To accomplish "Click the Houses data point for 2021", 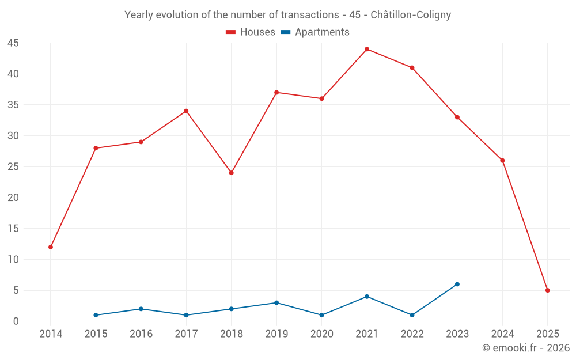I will click(367, 49).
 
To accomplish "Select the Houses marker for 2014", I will click(51, 247).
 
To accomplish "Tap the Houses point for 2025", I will click(548, 290).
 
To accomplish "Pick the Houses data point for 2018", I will click(232, 173).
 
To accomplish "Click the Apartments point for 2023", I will click(457, 284).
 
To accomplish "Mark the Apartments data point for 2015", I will click(96, 315).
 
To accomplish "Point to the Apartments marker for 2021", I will click(367, 297).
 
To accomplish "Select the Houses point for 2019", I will click(276, 92).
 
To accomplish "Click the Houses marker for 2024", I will click(502, 160).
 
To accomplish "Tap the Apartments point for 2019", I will click(276, 302).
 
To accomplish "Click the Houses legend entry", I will click(251, 32).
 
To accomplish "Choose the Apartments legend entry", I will click(315, 32).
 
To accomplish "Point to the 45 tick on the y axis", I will click(13, 43).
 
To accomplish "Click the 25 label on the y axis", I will click(13, 167).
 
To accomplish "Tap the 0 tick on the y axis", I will click(16, 321).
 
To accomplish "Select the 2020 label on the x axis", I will click(322, 334).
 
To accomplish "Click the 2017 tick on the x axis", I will click(186, 334).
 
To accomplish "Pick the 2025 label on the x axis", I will click(548, 334).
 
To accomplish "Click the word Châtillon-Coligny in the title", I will click(411, 15).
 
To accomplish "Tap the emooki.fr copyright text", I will click(526, 348).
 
